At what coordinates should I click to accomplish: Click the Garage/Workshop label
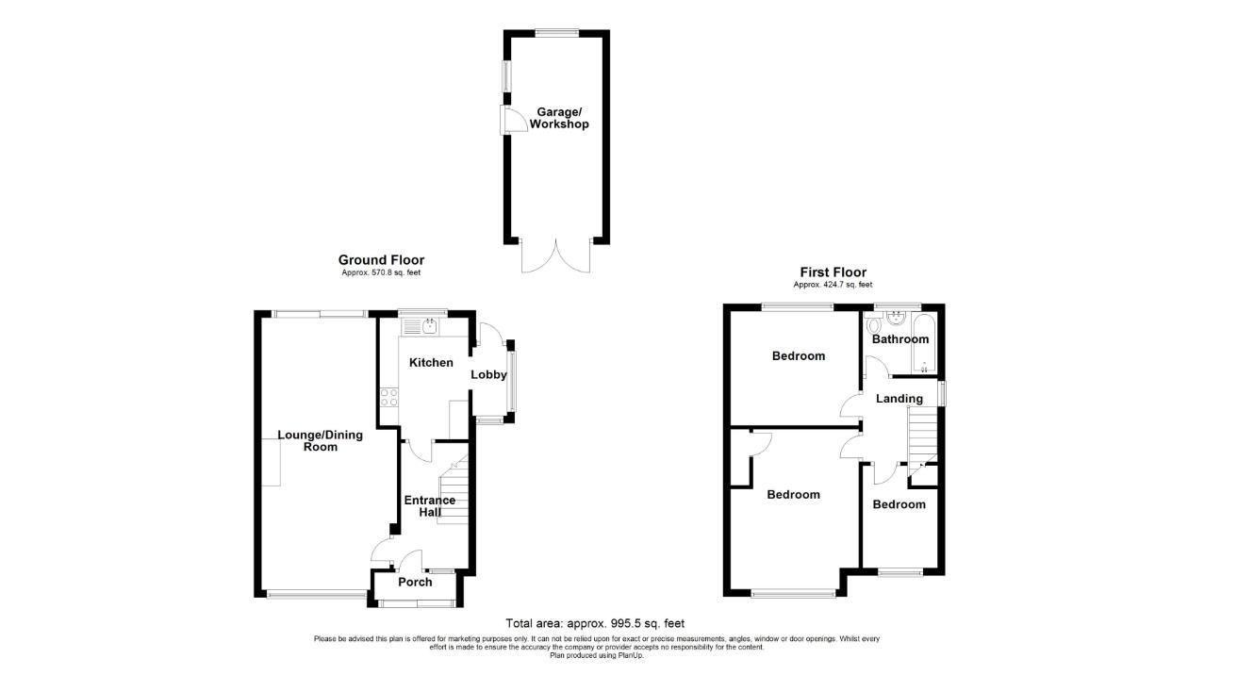[x=558, y=117]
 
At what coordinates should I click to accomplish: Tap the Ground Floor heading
[x=381, y=260]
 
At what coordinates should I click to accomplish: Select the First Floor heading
[x=833, y=272]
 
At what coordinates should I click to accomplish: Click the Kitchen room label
[x=431, y=363]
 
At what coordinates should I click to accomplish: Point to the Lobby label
[x=489, y=375]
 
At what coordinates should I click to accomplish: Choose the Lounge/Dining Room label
[x=307, y=441]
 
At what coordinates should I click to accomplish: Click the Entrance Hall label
[x=429, y=506]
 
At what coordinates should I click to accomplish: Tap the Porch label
[x=415, y=583]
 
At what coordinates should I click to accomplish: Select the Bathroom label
[x=900, y=339]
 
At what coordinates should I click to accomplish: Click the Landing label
[x=899, y=399]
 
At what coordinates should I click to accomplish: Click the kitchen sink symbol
[x=430, y=326]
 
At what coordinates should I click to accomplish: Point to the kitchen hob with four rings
[x=388, y=398]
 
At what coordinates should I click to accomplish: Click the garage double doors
[x=556, y=255]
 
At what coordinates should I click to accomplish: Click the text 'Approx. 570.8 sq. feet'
[x=381, y=273]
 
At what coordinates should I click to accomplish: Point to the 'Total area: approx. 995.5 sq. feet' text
[x=595, y=623]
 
